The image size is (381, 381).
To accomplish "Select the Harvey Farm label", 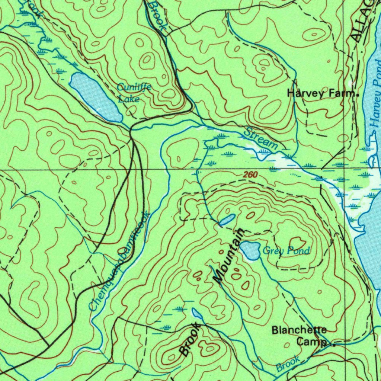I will (x=321, y=94).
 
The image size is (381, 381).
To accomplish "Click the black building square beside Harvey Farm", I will (x=358, y=95).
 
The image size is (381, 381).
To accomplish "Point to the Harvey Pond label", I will (x=376, y=104).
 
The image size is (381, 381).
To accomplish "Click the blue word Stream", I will (x=261, y=138).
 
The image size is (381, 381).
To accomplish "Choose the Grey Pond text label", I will (x=286, y=251).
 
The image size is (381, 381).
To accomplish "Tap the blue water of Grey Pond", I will (x=250, y=250).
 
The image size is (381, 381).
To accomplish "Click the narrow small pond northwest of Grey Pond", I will (x=227, y=220).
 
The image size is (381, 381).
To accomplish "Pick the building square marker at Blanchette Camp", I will (x=333, y=345).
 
